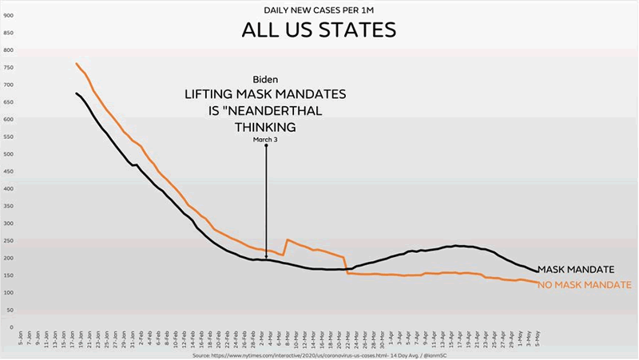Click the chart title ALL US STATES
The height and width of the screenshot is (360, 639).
click(x=319, y=31)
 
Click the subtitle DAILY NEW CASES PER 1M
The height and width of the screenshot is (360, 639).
click(x=319, y=10)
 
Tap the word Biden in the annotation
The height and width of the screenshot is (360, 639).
click(x=266, y=79)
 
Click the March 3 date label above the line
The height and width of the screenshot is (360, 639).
click(x=265, y=140)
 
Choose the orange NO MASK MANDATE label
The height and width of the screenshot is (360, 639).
click(x=584, y=285)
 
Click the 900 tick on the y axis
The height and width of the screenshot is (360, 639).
click(x=8, y=15)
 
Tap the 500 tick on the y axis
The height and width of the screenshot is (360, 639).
click(x=8, y=153)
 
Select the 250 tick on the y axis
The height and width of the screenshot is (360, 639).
click(x=8, y=240)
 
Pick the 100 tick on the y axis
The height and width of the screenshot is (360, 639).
click(x=8, y=292)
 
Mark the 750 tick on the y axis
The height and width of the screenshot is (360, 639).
click(x=8, y=67)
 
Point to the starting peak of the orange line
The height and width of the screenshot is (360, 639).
click(x=77, y=64)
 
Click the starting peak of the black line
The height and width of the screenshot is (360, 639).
click(x=77, y=93)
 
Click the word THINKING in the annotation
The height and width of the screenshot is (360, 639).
click(x=266, y=127)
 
